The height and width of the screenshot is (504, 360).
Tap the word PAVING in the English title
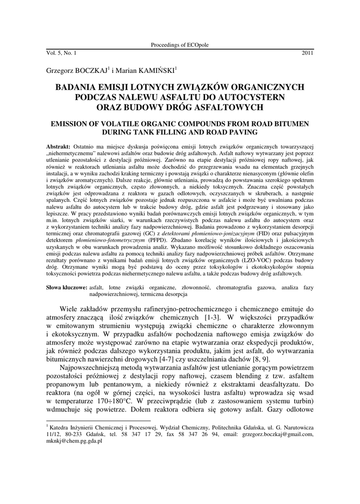tap(241, 132)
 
